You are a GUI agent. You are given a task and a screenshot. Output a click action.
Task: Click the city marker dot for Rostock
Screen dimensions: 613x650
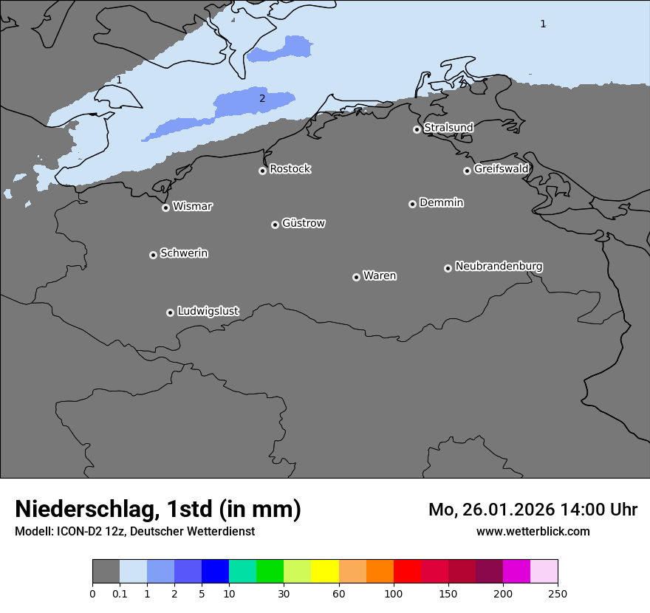coord(262,171)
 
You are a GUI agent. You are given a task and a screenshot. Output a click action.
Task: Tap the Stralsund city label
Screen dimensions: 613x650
coord(448,128)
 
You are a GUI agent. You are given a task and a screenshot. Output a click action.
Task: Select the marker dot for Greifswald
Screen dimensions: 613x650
coord(467,171)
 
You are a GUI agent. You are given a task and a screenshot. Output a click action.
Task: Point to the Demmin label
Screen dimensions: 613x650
coord(441,202)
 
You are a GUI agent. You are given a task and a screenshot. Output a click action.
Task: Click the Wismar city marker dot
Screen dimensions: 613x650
coord(165,208)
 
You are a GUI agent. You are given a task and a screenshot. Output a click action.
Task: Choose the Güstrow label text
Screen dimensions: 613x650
coord(304,223)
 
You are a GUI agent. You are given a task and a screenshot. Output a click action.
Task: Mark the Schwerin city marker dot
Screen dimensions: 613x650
coord(153,255)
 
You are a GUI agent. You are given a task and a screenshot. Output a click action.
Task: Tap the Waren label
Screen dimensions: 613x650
coord(380,275)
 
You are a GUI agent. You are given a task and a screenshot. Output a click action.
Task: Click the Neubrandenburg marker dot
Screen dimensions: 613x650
coord(448,268)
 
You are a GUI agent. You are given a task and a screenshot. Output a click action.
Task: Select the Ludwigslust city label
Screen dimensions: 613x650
coord(208,311)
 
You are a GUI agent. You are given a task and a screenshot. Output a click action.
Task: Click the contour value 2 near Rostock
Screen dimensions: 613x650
coord(261,98)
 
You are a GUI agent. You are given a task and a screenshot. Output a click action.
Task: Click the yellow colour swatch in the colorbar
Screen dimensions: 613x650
coord(325,572)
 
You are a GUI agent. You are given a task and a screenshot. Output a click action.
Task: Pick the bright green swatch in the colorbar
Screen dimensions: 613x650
coord(270,572)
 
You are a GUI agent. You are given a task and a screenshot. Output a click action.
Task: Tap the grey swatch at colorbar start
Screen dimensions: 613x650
coord(106,572)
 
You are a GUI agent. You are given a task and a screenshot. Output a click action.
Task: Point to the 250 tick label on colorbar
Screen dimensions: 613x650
coord(558,593)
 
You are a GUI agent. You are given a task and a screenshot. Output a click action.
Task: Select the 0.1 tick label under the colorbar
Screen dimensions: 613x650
coord(120,593)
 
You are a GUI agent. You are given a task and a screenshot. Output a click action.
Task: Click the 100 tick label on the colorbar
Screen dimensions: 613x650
coord(394,593)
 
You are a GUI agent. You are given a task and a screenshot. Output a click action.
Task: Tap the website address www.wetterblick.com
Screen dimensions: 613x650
coord(533,532)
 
